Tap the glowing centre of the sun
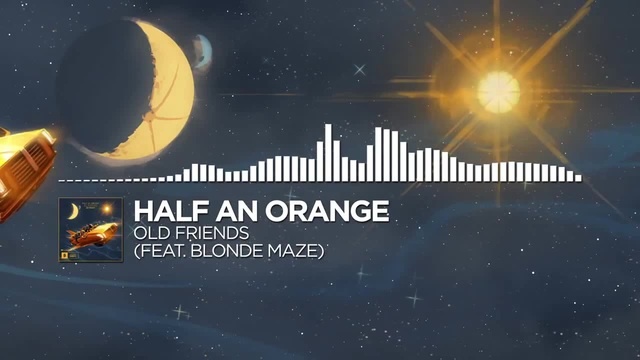(x=497, y=92)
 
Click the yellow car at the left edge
(x=22, y=166)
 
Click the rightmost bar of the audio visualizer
(x=578, y=177)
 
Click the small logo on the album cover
(x=67, y=254)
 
